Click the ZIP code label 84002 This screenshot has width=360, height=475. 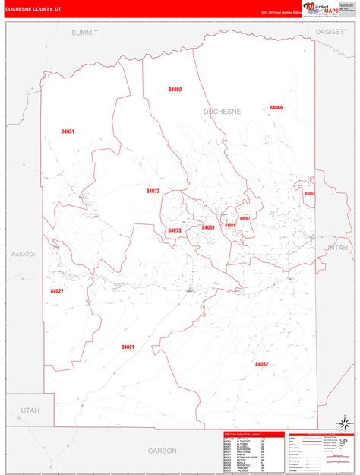pyautogui.click(x=175, y=90)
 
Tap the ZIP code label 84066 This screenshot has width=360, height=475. pyautogui.click(x=276, y=108)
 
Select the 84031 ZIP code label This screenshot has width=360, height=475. pyautogui.click(x=68, y=131)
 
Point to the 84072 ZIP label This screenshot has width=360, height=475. pyautogui.click(x=153, y=191)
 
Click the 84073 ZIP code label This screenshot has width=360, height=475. pyautogui.click(x=175, y=230)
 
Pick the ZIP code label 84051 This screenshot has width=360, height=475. pyautogui.click(x=208, y=227)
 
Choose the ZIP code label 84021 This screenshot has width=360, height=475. pyautogui.click(x=128, y=347)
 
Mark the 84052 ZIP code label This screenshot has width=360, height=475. pyautogui.click(x=261, y=364)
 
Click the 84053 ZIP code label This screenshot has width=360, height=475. pyautogui.click(x=309, y=194)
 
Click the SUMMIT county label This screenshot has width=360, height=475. pyautogui.click(x=86, y=33)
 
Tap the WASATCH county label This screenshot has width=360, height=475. pyautogui.click(x=23, y=254)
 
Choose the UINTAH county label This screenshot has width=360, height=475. pyautogui.click(x=335, y=248)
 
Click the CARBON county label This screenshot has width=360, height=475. pyautogui.click(x=162, y=451)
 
